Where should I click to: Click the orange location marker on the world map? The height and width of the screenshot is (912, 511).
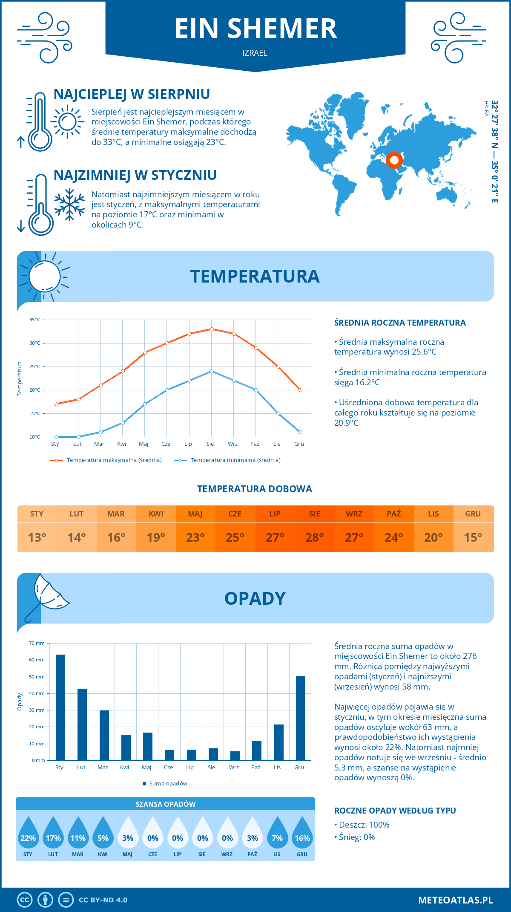[x=394, y=160]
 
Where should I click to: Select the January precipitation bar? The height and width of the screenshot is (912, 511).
[x=60, y=707]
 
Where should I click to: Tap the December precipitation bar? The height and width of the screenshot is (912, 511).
[x=301, y=718]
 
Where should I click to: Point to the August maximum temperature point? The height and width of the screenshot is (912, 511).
[x=212, y=329]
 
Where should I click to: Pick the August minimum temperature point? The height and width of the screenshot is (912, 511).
[x=212, y=371]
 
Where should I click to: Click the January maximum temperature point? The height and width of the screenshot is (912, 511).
[x=56, y=404]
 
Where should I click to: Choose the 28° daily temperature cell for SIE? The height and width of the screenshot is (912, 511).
[x=315, y=537]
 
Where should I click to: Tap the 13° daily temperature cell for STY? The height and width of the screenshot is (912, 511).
[x=37, y=537]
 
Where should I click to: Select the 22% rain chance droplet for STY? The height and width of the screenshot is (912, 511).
[x=28, y=834]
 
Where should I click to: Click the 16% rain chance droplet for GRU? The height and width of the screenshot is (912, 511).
[x=302, y=834]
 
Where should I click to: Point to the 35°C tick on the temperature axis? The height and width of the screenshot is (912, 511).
[x=35, y=320]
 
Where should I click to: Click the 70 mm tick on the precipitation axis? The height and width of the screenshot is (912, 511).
[x=37, y=643]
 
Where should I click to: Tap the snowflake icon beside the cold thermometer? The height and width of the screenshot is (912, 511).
[x=69, y=205]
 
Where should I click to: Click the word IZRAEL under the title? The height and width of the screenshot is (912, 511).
[x=255, y=53]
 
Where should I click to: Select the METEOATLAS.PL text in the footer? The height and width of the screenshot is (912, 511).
[x=455, y=900]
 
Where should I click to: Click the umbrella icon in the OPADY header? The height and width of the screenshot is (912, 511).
[x=47, y=597]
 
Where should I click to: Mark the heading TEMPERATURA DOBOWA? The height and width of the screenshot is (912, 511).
[x=255, y=489]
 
